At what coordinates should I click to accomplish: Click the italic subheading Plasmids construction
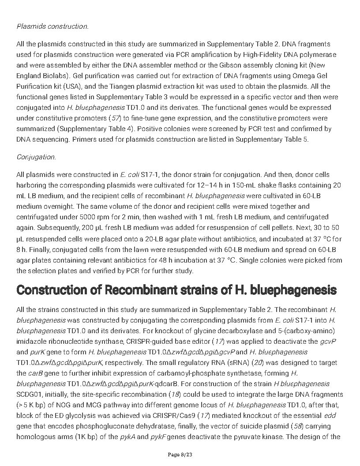[x=52, y=26]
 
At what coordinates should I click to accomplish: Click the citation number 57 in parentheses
[x=116, y=118]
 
